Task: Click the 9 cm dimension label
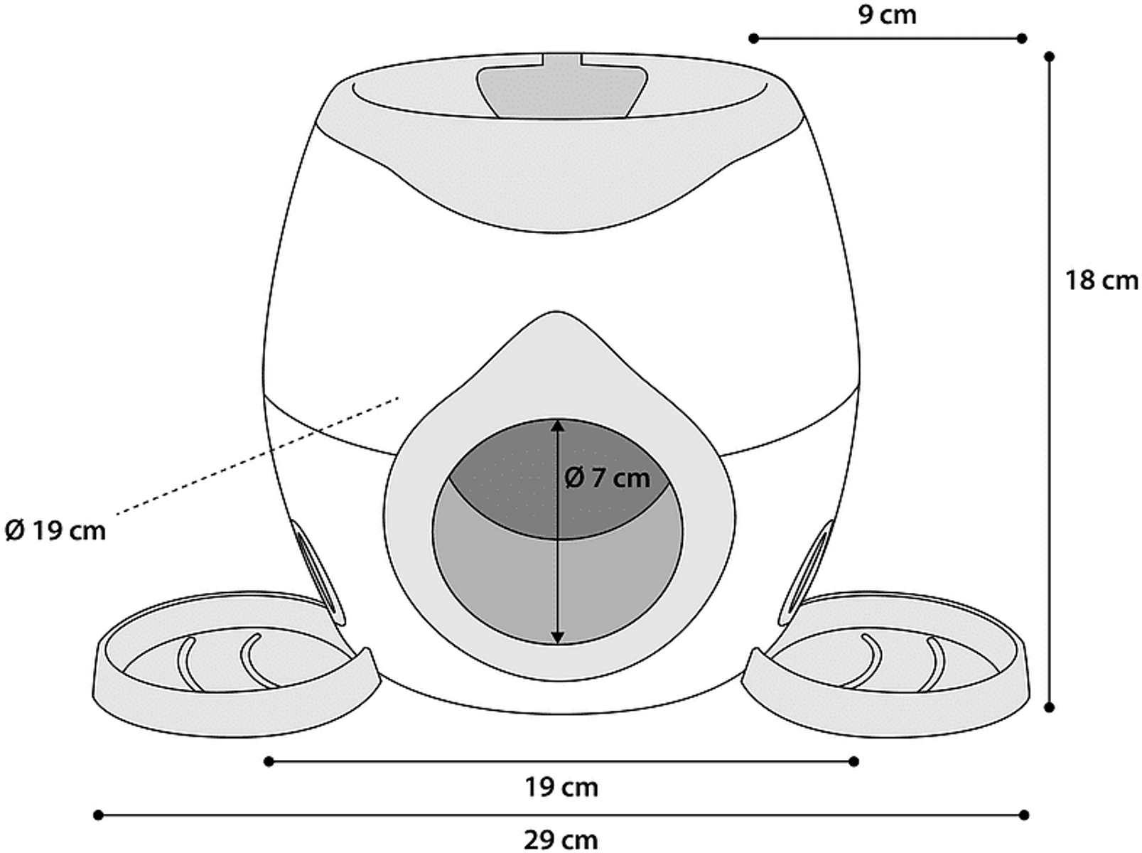pos(887,15)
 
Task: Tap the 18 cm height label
pos(1101,281)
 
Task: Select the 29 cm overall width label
pos(561,840)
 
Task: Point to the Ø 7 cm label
pos(607,478)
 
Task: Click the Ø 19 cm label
pos(55,531)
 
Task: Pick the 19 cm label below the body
pos(561,788)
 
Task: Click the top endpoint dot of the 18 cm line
pos(1050,56)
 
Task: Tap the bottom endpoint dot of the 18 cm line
pos(1050,707)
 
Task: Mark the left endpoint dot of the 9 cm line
pos(753,38)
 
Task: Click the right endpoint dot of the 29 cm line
pos(1025,815)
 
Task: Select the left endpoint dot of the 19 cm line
pos(269,762)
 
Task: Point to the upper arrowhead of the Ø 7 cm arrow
pos(558,426)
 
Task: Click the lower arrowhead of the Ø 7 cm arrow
pos(558,637)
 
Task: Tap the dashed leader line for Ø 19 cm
pos(257,456)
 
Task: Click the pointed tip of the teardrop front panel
pos(556,312)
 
